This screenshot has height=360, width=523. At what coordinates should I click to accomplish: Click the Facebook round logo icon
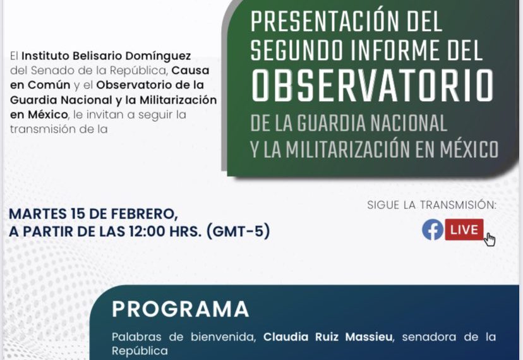tap(433, 230)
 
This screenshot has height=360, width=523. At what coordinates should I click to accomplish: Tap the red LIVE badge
tap(464, 229)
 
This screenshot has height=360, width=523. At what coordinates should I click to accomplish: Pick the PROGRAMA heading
tap(180, 309)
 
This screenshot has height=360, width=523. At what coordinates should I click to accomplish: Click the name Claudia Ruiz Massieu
tap(328, 337)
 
